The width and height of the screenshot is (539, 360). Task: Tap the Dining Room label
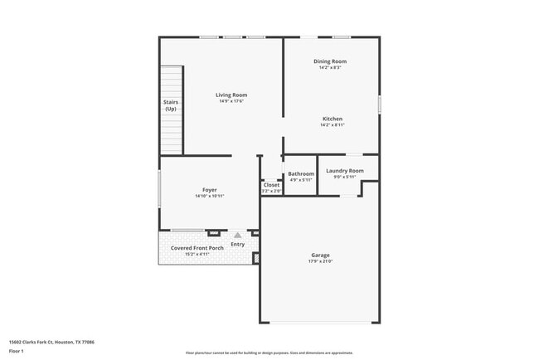[329, 61]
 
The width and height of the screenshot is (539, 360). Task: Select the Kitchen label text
[332, 119]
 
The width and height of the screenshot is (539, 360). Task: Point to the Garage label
[321, 255]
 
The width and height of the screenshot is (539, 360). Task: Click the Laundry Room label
[344, 171]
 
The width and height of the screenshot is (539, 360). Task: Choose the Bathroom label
[301, 174]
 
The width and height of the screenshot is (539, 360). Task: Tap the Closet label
[271, 185]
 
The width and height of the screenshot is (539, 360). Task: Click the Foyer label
[210, 190]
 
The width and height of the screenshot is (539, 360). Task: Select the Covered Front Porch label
[197, 248]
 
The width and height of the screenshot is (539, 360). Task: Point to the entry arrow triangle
[237, 236]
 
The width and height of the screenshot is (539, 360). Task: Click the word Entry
[238, 245]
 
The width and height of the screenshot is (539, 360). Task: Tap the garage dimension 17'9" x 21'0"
[321, 262]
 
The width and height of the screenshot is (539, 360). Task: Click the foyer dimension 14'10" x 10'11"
[210, 197]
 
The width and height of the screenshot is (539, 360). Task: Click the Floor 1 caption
[17, 351]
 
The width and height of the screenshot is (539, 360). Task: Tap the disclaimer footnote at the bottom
[269, 353]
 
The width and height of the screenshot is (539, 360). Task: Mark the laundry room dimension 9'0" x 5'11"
[344, 177]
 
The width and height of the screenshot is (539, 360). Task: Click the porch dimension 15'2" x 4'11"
[197, 255]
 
